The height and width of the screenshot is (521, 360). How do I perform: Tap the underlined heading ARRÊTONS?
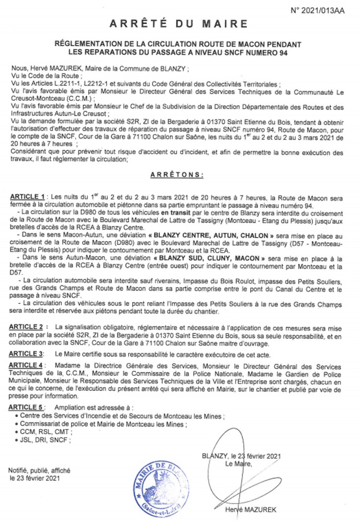click(x=177, y=175)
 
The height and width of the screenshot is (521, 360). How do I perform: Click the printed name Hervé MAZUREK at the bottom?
click(x=250, y=510)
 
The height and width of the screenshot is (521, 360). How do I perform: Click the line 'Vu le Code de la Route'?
click(x=40, y=75)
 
